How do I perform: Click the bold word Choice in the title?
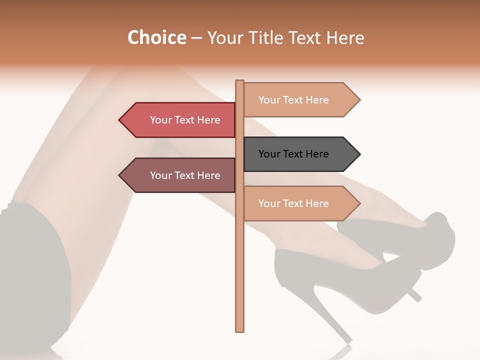pyautogui.click(x=156, y=37)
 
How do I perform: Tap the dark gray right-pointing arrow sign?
pyautogui.click(x=300, y=154)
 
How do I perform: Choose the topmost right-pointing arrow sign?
pyautogui.click(x=300, y=100)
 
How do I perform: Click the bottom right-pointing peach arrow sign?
pyautogui.click(x=300, y=203)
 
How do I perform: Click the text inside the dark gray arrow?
pyautogui.click(x=293, y=154)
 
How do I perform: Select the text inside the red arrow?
pyautogui.click(x=185, y=120)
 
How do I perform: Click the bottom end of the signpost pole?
pyautogui.click(x=239, y=329)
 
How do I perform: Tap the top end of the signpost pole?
pyautogui.click(x=239, y=82)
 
